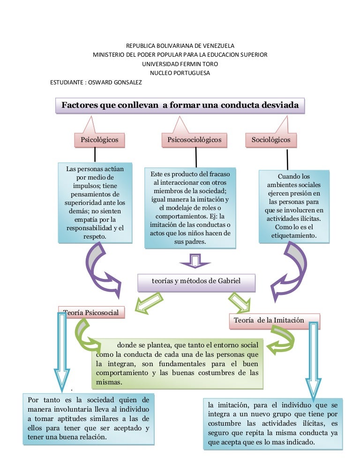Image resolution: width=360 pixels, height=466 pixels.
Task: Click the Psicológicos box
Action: [x=99, y=140]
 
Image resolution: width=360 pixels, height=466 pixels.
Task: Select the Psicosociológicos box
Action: [x=195, y=140]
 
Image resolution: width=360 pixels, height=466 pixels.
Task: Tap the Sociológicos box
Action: [x=270, y=140]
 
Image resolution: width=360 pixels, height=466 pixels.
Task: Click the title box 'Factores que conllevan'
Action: [x=180, y=105]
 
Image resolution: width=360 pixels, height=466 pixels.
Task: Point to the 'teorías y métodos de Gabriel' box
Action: [x=196, y=282]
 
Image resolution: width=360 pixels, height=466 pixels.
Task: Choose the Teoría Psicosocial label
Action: [x=91, y=313]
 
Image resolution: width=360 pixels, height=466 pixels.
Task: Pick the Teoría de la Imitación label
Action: [x=275, y=321]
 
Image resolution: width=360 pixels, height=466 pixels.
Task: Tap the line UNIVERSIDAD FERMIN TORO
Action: [x=180, y=64]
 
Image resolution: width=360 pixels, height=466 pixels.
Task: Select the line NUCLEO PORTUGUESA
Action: [x=180, y=73]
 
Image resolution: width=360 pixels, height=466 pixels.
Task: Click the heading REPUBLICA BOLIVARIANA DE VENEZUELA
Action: [x=180, y=45]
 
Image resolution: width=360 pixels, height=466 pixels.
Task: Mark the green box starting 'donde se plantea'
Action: [x=177, y=362]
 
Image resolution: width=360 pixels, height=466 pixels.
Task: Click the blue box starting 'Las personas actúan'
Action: [x=95, y=203]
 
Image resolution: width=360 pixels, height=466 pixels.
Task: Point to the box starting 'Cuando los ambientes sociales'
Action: [x=294, y=206]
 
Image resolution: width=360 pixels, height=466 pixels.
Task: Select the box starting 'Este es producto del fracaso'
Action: [x=189, y=207]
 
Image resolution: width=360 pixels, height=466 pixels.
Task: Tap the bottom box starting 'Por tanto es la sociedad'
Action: [x=89, y=419]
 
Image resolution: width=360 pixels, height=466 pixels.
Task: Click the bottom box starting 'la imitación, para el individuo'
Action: [x=272, y=424]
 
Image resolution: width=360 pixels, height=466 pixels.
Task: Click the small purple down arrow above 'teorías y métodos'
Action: [x=195, y=261]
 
